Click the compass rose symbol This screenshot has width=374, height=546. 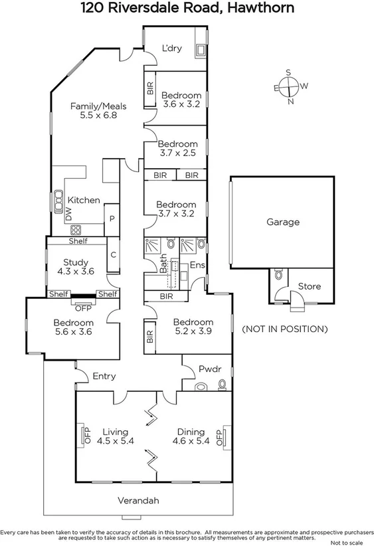click(288, 86)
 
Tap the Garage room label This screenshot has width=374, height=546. click(283, 223)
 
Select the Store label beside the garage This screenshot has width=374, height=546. click(309, 286)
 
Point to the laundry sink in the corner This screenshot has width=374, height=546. click(200, 49)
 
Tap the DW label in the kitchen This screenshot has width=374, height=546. click(68, 213)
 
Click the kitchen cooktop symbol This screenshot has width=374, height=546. click(76, 230)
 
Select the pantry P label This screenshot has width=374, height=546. click(112, 218)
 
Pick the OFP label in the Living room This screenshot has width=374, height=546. click(85, 435)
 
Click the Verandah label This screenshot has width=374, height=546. click(138, 500)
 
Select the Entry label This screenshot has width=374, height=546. click(104, 376)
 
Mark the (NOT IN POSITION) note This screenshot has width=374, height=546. click(284, 329)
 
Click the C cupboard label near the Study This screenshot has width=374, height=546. click(114, 254)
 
